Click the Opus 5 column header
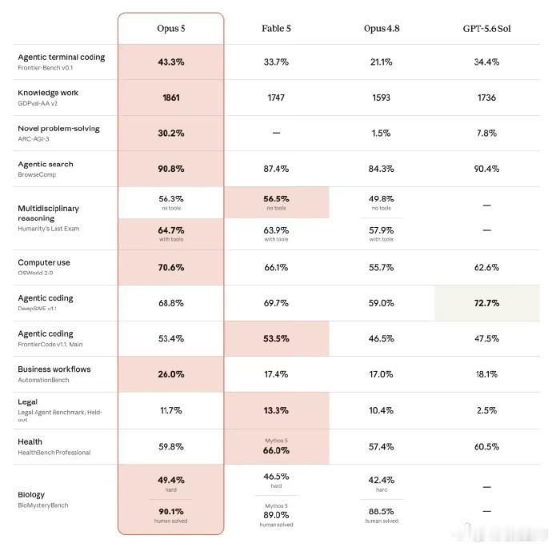(171, 29)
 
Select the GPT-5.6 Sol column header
(486, 29)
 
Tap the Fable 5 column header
(276, 29)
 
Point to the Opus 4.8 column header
(382, 29)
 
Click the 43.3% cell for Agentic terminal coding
(171, 62)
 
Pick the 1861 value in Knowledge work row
(171, 98)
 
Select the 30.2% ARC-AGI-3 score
(171, 133)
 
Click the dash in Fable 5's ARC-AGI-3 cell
(276, 133)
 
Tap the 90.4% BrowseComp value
(486, 169)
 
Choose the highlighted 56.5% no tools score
(276, 199)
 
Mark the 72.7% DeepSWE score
(486, 303)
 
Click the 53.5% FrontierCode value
(276, 338)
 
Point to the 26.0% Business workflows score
(171, 374)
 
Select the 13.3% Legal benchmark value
(276, 410)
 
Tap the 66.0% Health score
(276, 450)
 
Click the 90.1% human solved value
(171, 512)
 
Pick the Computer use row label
(44, 262)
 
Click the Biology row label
(31, 494)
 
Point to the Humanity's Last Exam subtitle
(49, 229)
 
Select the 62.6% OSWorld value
(486, 268)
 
